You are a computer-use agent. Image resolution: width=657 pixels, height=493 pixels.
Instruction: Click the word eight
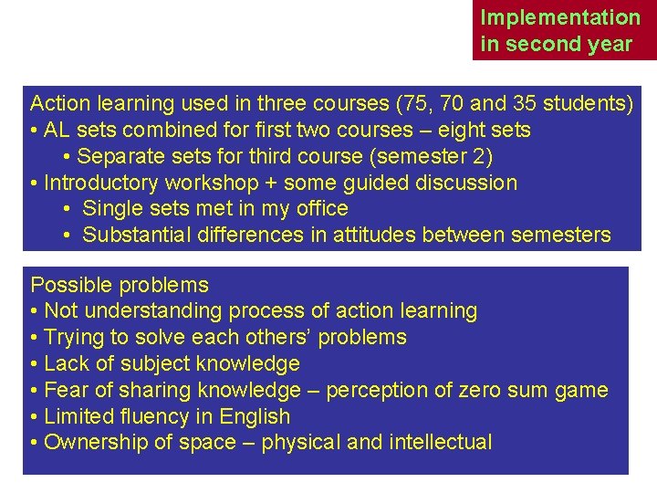(451, 130)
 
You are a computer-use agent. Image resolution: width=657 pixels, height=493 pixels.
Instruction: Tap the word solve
(160, 338)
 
